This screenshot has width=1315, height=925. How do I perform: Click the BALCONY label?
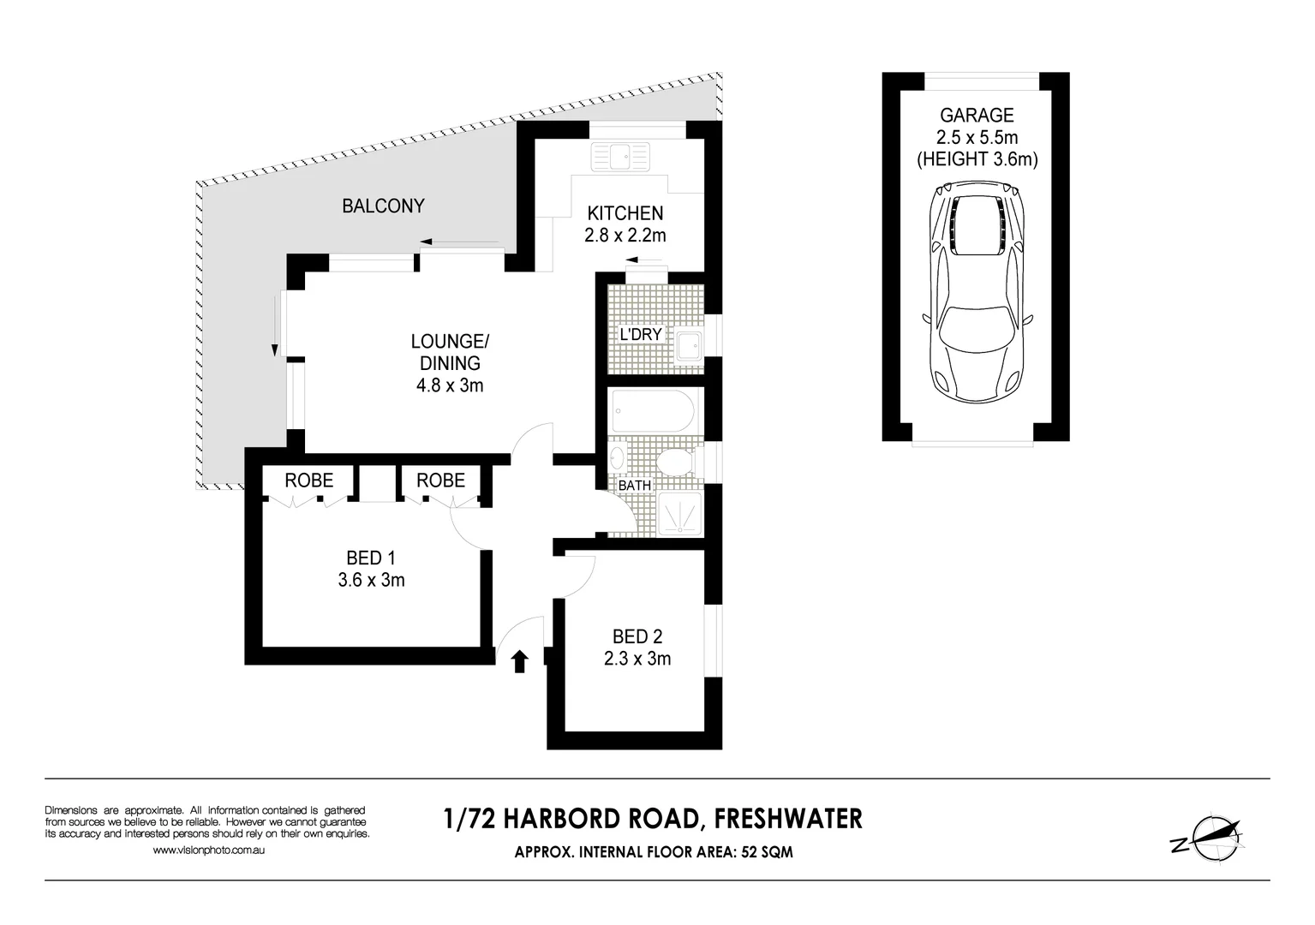click(383, 206)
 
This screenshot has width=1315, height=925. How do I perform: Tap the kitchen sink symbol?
click(621, 157)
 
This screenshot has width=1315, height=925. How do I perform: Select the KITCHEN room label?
click(625, 213)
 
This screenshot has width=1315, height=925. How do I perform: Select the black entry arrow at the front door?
click(519, 662)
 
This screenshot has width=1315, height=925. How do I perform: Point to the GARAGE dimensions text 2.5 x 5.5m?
click(977, 137)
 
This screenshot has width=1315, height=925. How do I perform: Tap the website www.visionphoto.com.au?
click(209, 850)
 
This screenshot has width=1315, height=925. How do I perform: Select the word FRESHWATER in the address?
click(788, 819)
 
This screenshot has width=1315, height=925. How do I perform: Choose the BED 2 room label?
click(637, 636)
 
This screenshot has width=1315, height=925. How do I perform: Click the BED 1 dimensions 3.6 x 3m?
click(371, 580)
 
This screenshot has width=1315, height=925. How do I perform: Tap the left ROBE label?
click(308, 480)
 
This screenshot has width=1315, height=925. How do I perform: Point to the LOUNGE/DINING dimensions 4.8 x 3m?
click(450, 385)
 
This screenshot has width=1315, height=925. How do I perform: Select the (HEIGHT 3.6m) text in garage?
click(977, 159)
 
